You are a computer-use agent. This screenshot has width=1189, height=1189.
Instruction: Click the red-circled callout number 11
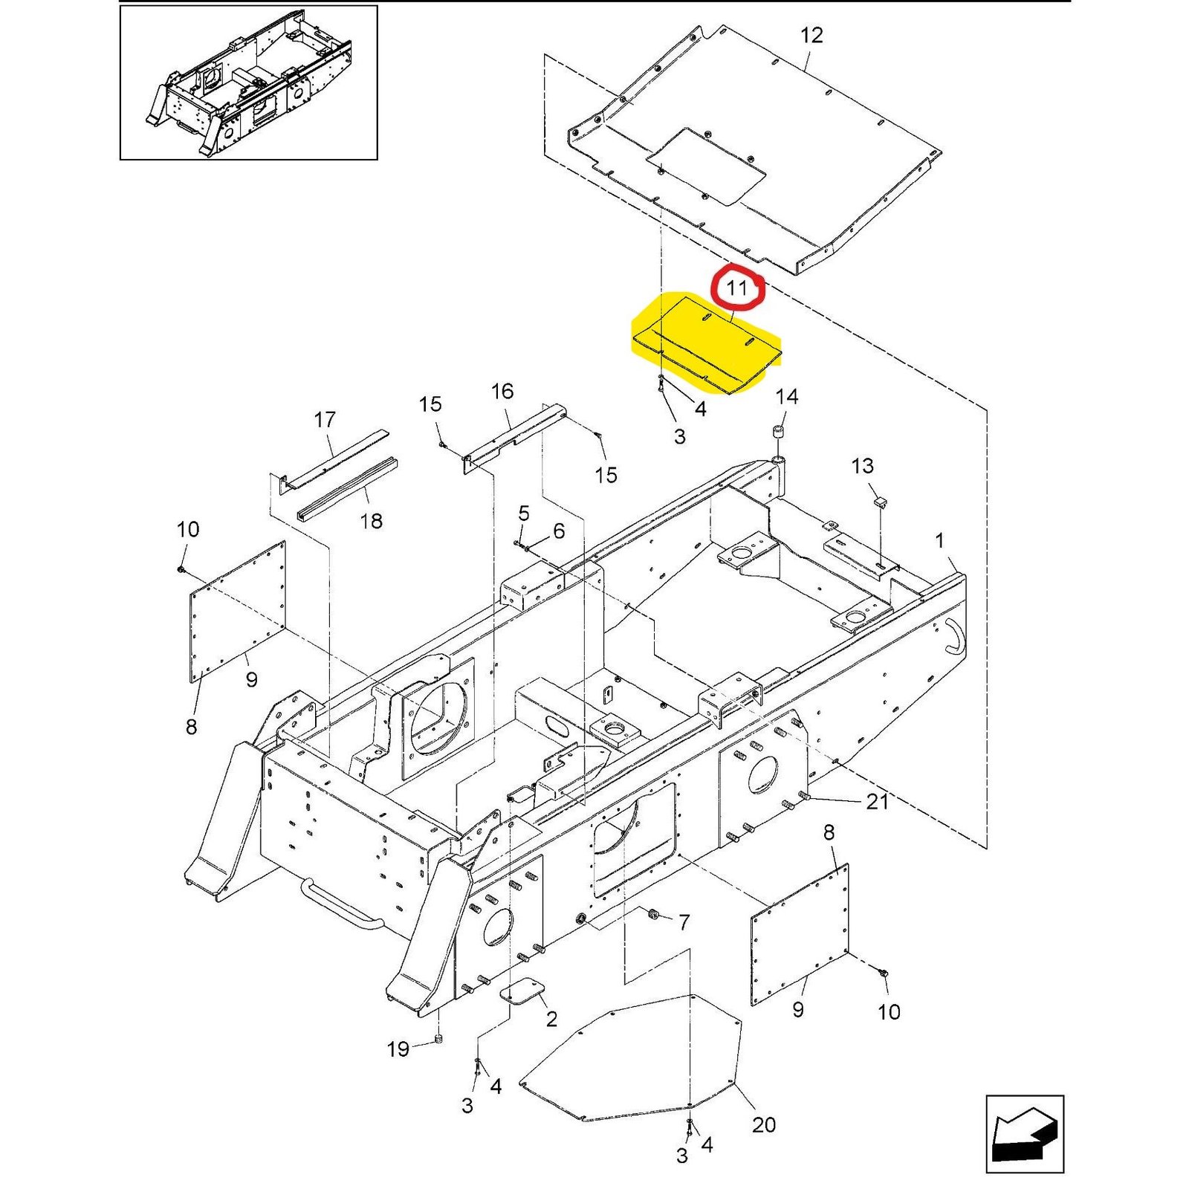pos(736,288)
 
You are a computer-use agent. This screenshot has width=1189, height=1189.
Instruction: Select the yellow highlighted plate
pos(706,343)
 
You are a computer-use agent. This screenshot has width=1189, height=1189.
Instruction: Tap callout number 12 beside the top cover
pos(811,35)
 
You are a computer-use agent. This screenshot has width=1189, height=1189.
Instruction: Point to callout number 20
pos(763,1124)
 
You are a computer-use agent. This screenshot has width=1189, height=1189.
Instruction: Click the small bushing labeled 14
pos(779,433)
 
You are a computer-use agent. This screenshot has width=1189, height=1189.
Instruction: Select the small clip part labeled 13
pos(879,502)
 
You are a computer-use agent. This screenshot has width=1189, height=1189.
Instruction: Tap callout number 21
pos(877,802)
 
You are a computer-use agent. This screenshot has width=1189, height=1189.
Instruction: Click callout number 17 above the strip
pos(325,420)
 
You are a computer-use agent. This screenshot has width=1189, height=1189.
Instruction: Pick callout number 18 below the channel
pos(371,521)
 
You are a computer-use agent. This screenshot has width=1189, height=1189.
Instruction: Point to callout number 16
pos(502,392)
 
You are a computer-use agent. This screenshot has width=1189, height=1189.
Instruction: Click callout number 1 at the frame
pos(939,540)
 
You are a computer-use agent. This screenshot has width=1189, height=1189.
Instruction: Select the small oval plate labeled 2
pos(522,991)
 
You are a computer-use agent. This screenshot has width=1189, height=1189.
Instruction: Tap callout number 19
pos(398,1049)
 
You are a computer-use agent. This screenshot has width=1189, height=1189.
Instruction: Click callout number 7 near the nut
pos(684,922)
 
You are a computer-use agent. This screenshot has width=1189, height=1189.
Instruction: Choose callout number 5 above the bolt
pos(524,513)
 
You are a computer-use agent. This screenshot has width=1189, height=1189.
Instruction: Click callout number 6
pos(559,531)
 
